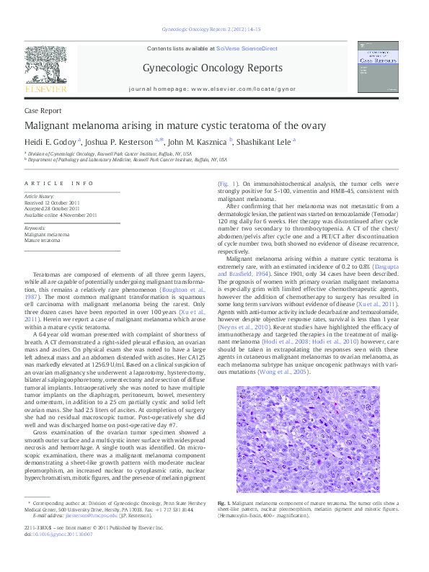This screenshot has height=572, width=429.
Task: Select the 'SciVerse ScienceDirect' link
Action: [x=247, y=48]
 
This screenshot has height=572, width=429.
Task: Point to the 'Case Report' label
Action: [x=43, y=111]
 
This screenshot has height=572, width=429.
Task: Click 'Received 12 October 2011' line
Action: [x=52, y=202]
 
